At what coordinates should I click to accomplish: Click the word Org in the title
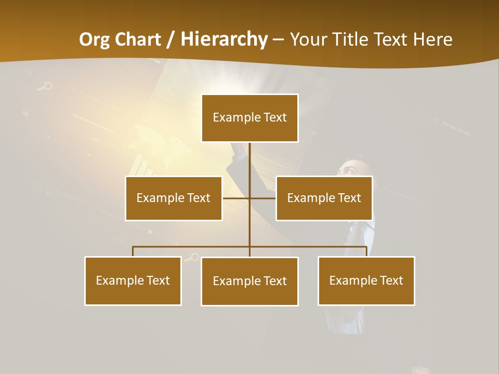point(95,39)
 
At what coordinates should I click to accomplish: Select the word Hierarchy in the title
point(224,39)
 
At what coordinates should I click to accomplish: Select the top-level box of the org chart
point(249,118)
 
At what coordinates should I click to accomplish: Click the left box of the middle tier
point(174,198)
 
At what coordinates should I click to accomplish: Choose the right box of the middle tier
point(324,198)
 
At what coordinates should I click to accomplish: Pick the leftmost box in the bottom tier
point(133,281)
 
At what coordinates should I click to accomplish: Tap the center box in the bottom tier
point(249,282)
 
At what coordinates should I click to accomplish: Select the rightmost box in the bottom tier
point(366,281)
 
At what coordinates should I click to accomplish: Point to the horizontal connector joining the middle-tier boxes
point(237,198)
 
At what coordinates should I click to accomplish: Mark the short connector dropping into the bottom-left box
point(133,251)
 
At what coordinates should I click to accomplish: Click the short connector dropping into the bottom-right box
point(366,251)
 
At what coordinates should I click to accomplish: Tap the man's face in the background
point(353,169)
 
